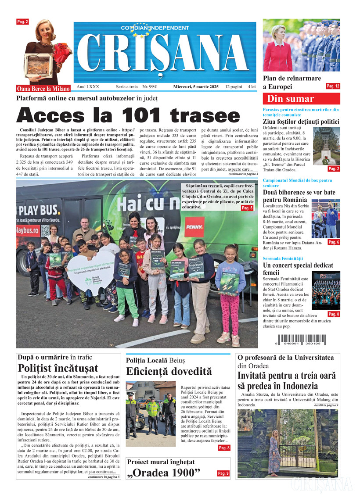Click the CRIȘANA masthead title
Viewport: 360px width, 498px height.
point(165,53)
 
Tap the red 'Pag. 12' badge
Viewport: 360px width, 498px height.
point(333,86)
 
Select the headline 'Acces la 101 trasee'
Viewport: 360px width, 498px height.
point(128,115)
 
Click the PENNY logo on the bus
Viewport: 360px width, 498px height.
point(194,227)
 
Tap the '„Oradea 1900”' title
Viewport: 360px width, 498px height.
point(163,473)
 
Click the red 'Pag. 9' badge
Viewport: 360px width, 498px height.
point(223,473)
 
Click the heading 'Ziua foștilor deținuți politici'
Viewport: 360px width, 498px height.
point(301,122)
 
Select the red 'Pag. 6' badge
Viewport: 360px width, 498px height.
point(334,242)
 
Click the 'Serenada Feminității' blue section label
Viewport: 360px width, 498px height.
point(283,259)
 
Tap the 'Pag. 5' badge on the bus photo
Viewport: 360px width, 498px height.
point(247,208)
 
